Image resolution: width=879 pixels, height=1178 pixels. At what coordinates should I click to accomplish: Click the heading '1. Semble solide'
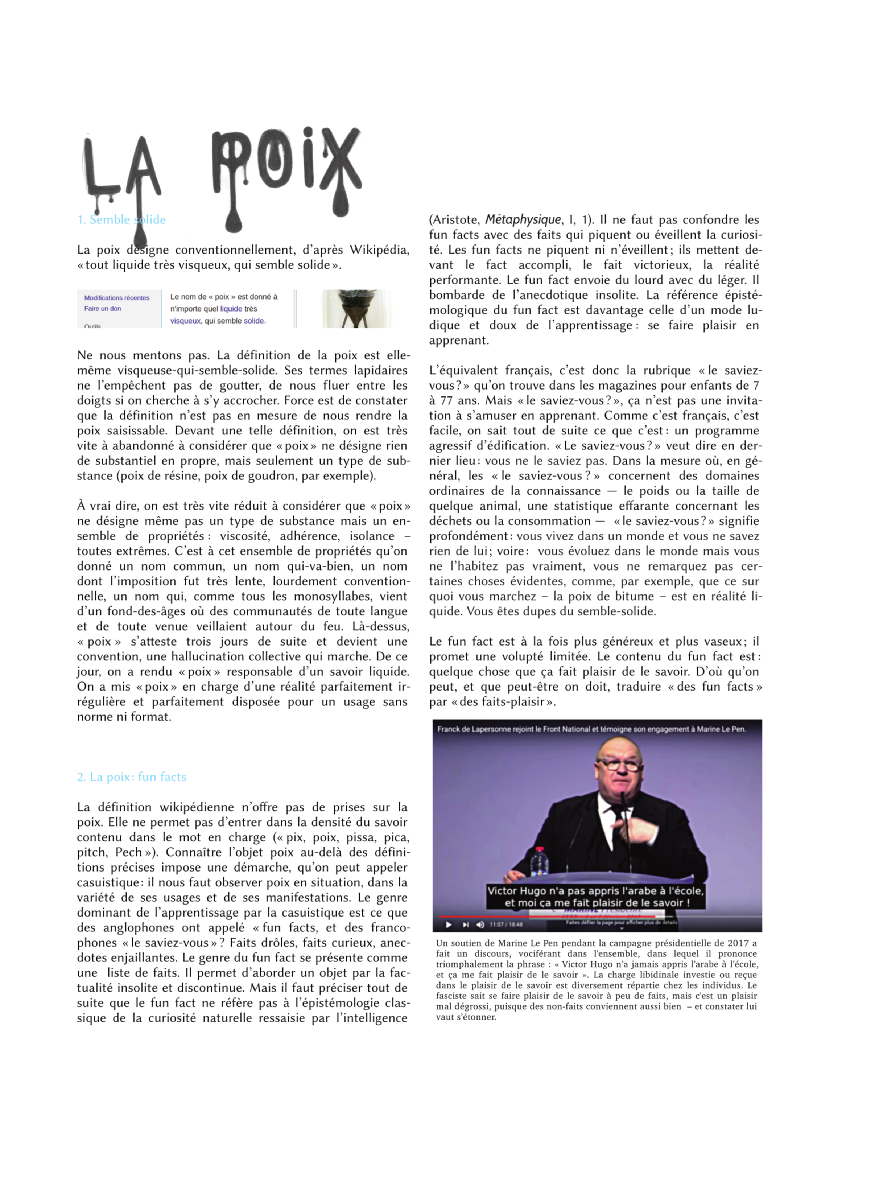(121, 220)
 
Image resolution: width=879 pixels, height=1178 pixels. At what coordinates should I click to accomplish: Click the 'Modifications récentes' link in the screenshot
(116, 298)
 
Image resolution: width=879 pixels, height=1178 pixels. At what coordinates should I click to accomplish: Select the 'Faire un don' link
(102, 309)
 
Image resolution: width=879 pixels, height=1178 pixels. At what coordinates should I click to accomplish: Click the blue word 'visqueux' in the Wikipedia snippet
(185, 321)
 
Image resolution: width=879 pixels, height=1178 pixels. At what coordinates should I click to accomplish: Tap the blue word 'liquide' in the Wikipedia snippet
(231, 309)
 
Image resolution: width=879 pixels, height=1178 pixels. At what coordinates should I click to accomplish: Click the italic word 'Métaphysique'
(523, 220)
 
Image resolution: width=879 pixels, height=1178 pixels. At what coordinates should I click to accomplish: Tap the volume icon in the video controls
(480, 925)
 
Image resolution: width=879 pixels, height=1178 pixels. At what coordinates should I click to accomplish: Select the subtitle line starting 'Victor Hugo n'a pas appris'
(595, 891)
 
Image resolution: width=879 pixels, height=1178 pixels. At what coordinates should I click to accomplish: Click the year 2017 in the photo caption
(737, 943)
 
